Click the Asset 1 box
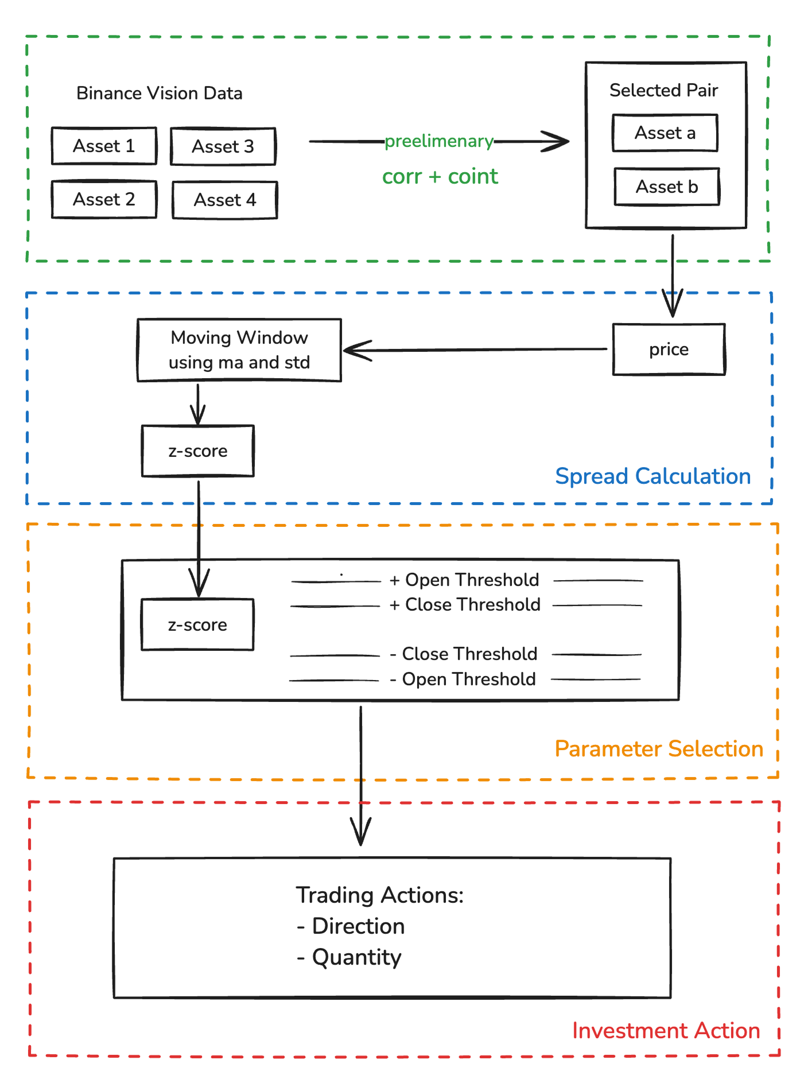(104, 146)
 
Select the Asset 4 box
(224, 200)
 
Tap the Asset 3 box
(223, 146)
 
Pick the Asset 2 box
(104, 199)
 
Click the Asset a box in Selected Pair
(665, 133)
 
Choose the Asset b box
(667, 187)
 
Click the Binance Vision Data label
(159, 93)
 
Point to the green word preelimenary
(438, 141)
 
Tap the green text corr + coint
(440, 176)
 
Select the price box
(669, 349)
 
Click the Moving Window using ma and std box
(239, 350)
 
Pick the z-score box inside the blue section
(197, 451)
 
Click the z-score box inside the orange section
(197, 624)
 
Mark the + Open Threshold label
(464, 580)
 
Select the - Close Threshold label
(464, 654)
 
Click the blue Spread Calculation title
(652, 476)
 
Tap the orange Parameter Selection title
(658, 749)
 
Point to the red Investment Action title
(666, 1031)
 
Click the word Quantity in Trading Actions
(356, 957)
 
